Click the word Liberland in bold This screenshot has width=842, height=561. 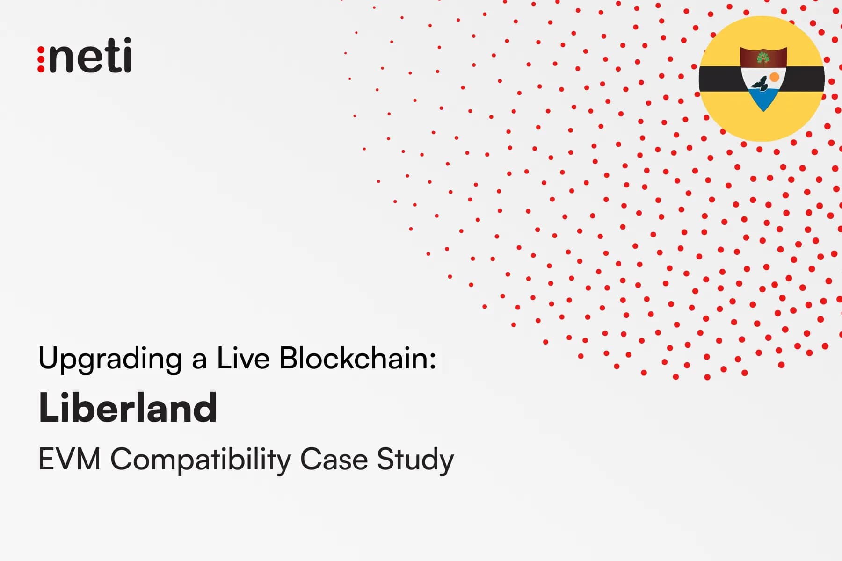(128, 408)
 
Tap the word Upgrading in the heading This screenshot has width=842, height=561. (110, 359)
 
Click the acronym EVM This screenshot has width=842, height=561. (69, 459)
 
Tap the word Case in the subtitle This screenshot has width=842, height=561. (334, 459)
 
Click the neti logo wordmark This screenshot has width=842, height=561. (90, 56)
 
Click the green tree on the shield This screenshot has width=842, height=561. (763, 58)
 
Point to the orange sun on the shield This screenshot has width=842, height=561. (774, 77)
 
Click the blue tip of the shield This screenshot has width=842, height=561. (763, 100)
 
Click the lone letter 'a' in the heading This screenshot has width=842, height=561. (199, 360)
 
